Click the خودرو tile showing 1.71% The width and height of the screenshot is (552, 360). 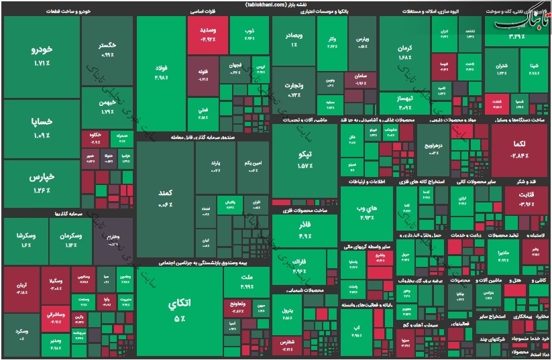click(x=42, y=56)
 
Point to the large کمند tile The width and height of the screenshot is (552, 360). click(x=164, y=198)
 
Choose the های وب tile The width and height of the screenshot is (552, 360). click(x=366, y=212)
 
